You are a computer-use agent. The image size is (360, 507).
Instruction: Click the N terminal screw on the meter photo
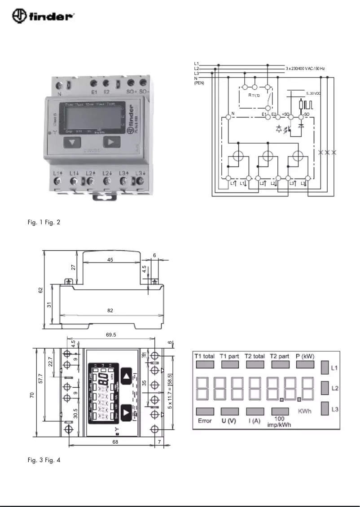59,85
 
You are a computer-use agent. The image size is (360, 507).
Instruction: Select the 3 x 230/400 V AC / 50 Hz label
305,68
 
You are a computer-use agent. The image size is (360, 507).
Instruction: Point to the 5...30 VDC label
313,93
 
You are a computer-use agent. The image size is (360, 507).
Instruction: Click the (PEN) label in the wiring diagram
199,83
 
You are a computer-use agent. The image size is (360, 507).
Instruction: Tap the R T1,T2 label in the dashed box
254,96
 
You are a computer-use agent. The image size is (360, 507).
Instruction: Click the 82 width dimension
110,310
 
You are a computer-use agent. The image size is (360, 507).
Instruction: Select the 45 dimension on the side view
110,259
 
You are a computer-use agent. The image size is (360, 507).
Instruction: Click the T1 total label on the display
205,356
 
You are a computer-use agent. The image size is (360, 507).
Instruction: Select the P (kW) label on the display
305,356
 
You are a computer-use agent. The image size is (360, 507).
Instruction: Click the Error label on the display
205,421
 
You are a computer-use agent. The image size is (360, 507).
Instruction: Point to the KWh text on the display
305,411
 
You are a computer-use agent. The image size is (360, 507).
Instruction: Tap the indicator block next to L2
325,388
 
